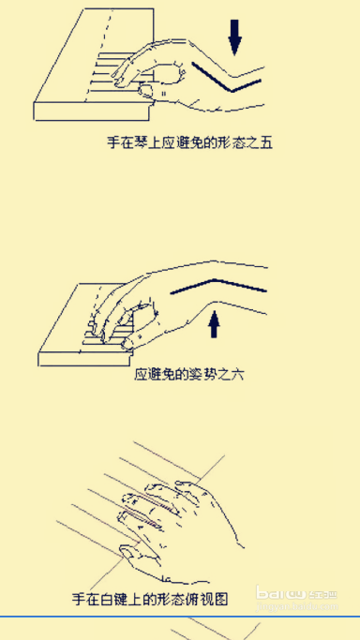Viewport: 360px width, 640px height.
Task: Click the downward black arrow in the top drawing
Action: click(234, 36)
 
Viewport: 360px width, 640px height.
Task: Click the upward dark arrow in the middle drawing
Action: click(215, 323)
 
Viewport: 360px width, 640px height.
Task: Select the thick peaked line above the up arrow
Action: click(217, 285)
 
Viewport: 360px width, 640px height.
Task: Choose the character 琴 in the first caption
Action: click(139, 143)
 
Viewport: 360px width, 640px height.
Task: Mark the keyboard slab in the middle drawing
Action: click(70, 323)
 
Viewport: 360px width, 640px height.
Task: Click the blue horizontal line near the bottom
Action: click(178, 616)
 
